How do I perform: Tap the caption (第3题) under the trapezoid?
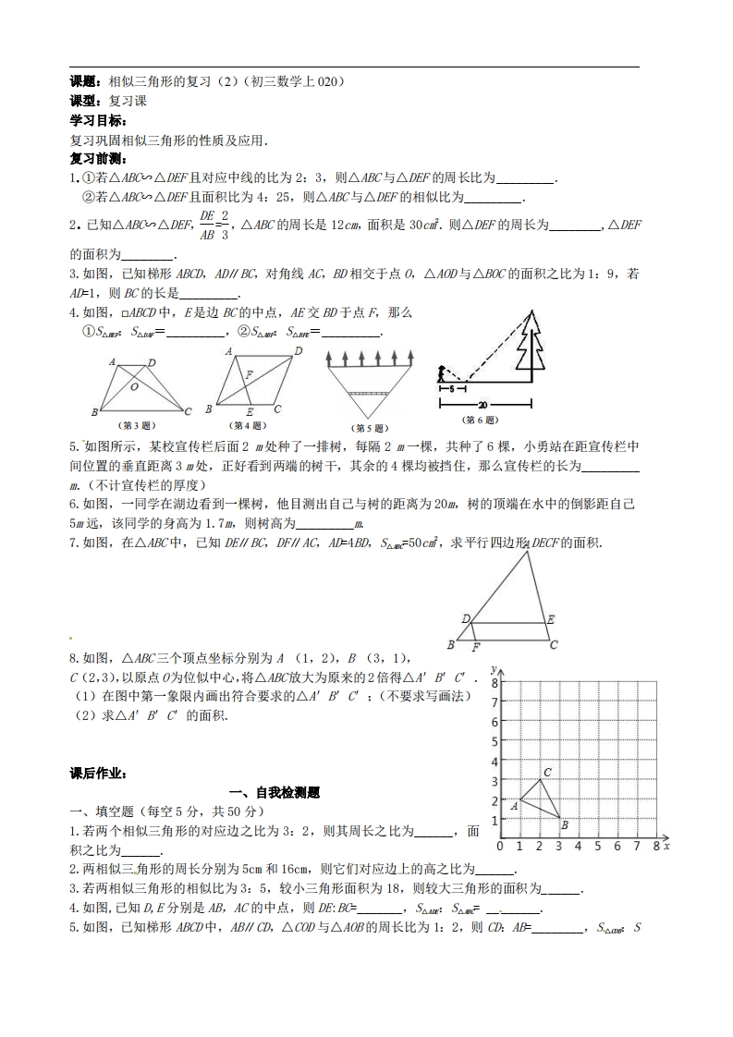[140, 426]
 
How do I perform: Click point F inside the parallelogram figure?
[249, 373]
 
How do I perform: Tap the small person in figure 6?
[444, 373]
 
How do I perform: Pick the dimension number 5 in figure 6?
[449, 389]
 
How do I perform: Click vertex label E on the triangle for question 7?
[551, 618]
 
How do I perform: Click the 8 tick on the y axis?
[495, 682]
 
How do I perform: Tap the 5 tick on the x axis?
[598, 846]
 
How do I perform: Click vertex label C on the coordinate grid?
[547, 772]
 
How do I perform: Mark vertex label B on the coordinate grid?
[564, 824]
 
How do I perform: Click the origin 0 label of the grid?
[500, 846]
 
